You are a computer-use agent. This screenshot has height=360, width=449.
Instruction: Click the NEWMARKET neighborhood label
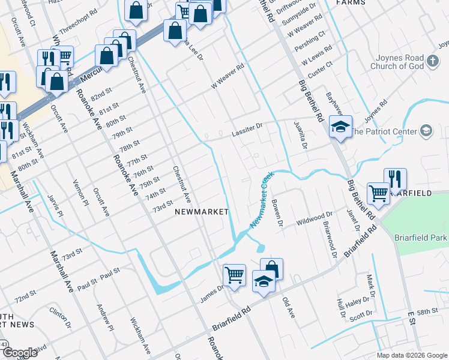tap(202, 212)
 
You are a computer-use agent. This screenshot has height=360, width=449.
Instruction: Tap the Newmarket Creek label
tap(262, 200)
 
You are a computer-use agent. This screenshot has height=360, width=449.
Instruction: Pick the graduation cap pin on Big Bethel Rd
tap(340, 128)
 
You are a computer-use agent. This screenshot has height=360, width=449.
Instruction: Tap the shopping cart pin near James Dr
tap(234, 275)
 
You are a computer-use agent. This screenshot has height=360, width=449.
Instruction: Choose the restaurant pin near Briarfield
tap(395, 179)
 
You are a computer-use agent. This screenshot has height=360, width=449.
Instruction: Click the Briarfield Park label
tap(421, 238)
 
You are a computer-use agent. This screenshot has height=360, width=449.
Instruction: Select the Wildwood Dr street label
tap(315, 219)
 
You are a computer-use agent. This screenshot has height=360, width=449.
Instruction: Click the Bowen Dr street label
tap(277, 213)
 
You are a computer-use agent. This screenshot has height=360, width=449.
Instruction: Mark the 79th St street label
tap(122, 131)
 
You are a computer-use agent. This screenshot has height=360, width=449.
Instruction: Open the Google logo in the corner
tap(20, 353)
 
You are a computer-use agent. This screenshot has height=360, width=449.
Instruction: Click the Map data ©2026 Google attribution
tap(411, 355)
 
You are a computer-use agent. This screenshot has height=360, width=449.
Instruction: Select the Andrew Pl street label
tap(104, 317)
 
